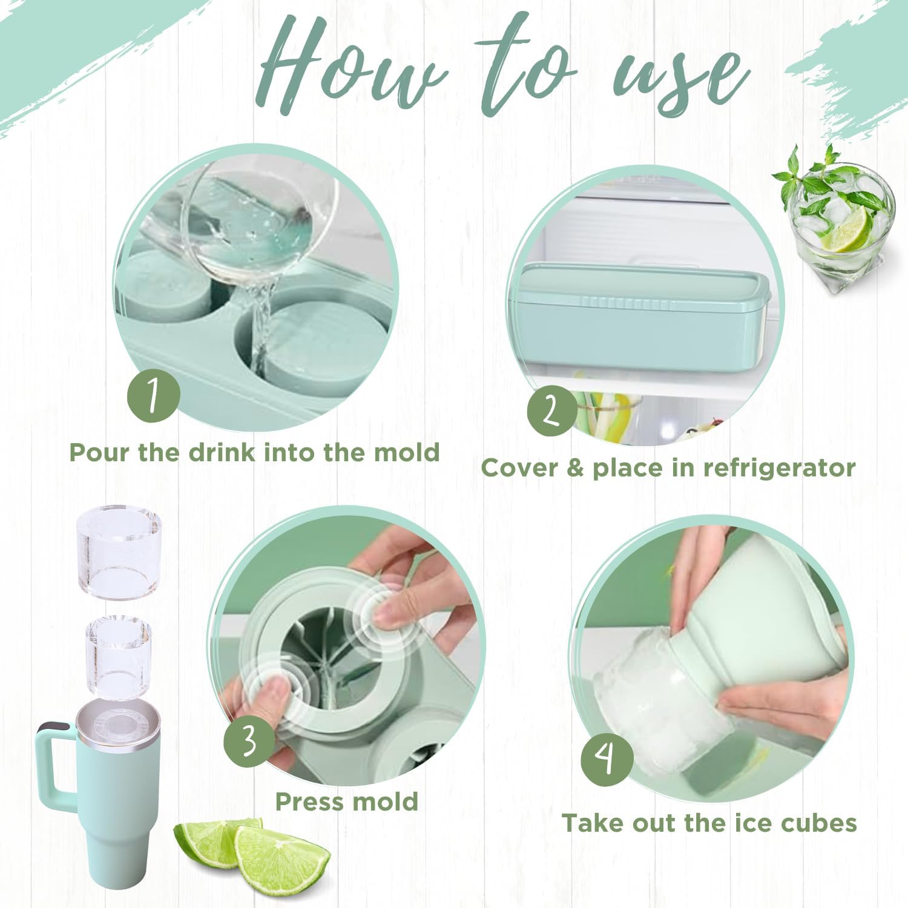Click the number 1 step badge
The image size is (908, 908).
(x=154, y=396)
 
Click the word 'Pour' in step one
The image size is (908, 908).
(x=99, y=452)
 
